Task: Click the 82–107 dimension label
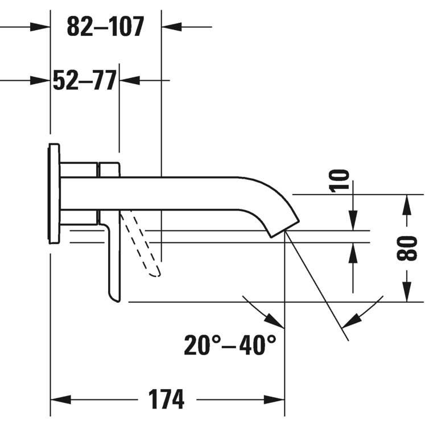pos(105,26)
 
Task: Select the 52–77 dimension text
pos(85,80)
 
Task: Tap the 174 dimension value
pos(167,399)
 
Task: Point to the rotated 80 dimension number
pos(407,248)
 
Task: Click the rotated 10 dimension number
pos(339,181)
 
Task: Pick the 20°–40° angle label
pos(230,345)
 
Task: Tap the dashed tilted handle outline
pos(141,243)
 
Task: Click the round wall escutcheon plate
pos(54,193)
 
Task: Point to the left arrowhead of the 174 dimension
pos(61,399)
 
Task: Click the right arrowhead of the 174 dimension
pos(274,399)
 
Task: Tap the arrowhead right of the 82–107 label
pos(172,27)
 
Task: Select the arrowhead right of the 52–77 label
pos(130,80)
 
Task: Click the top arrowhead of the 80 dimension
pos(407,205)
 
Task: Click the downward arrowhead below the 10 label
pos(353,220)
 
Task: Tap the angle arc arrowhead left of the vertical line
pos(274,321)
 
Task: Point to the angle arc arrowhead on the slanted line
pos(352,321)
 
